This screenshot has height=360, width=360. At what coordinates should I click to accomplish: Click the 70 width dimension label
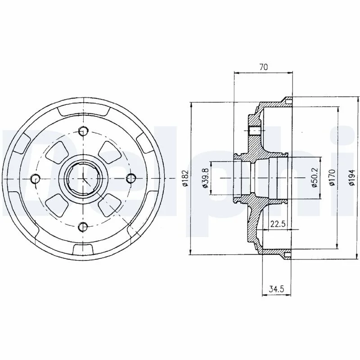[264, 67]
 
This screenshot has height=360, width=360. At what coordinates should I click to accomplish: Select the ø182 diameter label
[185, 178]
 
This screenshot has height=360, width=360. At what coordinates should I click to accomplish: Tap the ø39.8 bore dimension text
[205, 178]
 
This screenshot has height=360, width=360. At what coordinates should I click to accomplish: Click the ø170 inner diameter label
[332, 177]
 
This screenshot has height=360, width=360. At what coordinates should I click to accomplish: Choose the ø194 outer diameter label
[351, 177]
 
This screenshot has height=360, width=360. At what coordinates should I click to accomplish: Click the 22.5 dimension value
[278, 224]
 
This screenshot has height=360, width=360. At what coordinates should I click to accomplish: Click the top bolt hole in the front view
[83, 131]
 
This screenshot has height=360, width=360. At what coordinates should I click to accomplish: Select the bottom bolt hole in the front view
[83, 227]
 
